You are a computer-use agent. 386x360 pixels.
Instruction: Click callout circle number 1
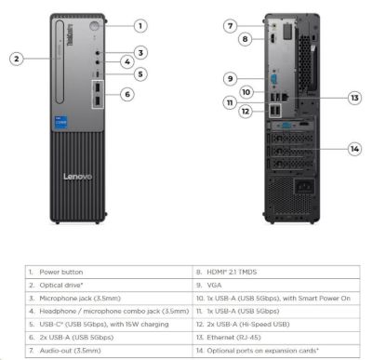(x=140, y=26)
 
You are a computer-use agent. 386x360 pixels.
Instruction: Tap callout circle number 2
(x=17, y=58)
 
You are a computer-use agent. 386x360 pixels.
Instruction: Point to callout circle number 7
(x=231, y=26)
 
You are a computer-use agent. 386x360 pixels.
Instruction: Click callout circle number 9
(x=228, y=77)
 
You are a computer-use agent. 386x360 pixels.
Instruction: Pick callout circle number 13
(x=354, y=97)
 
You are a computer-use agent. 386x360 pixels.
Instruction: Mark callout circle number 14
(x=354, y=148)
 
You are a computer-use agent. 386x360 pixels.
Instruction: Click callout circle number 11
(x=228, y=102)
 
